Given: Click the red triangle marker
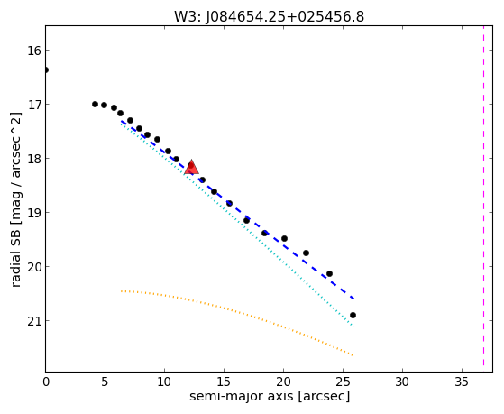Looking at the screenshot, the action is pyautogui.click(x=191, y=167).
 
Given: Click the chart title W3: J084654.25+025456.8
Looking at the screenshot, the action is pyautogui.click(x=269, y=17).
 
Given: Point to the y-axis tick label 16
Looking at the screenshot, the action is pyautogui.click(x=33, y=51).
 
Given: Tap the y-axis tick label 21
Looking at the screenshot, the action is pyautogui.click(x=33, y=321).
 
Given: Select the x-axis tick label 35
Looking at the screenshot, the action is pyautogui.click(x=462, y=382).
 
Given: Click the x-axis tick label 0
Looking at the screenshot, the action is pyautogui.click(x=46, y=382).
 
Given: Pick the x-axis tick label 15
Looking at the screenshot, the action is pyautogui.click(x=224, y=382).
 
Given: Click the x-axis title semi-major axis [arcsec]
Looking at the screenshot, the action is pyautogui.click(x=270, y=396).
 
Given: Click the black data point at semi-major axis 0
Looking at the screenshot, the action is pyautogui.click(x=46, y=69).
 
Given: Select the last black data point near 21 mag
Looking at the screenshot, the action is pyautogui.click(x=353, y=316).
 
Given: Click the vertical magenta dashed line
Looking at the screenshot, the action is pyautogui.click(x=483, y=196).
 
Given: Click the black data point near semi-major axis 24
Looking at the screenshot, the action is pyautogui.click(x=329, y=274).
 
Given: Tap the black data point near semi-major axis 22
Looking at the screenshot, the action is pyautogui.click(x=306, y=253).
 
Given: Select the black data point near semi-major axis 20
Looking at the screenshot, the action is pyautogui.click(x=284, y=239).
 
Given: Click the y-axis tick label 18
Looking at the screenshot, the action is pyautogui.click(x=33, y=158).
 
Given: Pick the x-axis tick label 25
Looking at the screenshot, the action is pyautogui.click(x=343, y=382).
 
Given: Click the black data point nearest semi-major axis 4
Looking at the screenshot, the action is pyautogui.click(x=96, y=105).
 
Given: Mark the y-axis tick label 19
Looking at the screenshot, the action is pyautogui.click(x=33, y=212).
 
